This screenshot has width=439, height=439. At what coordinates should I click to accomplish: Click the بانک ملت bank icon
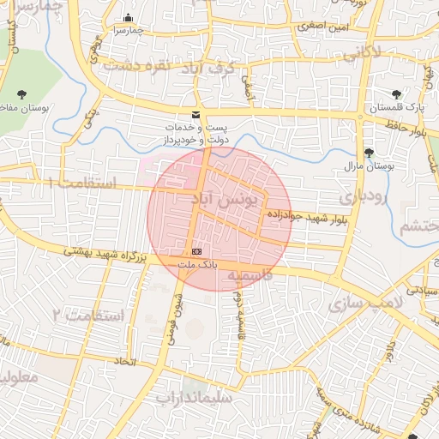coord(197,251)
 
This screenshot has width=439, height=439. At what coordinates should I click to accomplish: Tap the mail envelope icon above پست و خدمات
coord(196,114)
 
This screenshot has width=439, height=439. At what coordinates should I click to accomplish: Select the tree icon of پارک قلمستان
coord(395,94)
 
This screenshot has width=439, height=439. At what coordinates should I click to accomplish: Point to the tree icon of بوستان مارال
coord(369,153)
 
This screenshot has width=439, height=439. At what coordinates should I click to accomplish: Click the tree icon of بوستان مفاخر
coord(21,94)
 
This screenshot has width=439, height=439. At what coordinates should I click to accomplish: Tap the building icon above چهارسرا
coord(129,18)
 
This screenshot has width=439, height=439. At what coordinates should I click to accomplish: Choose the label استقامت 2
coord(89,316)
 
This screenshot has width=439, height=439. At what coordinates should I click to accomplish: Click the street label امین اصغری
coord(323,27)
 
